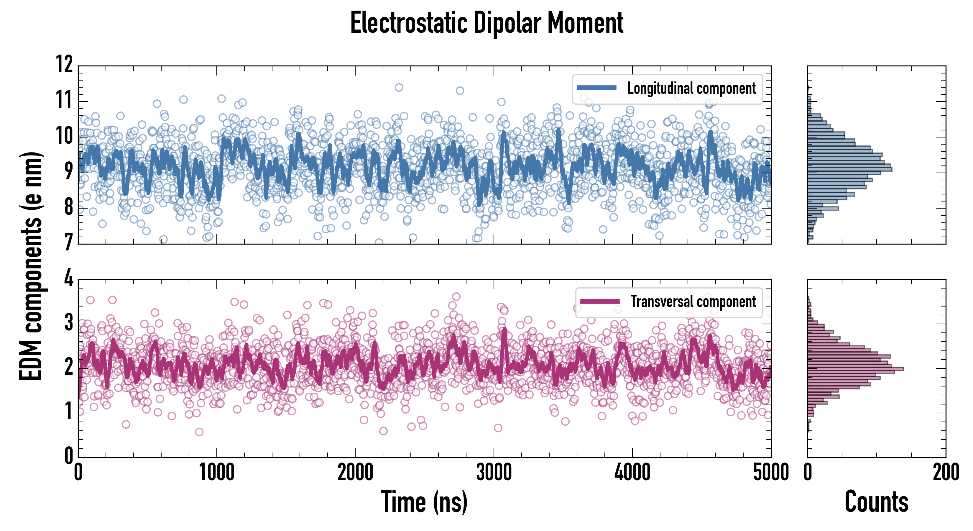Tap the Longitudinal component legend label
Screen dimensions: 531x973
(691, 88)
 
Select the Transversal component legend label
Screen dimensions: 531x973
(693, 301)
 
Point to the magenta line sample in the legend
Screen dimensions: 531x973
(600, 301)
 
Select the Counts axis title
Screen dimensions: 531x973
(876, 502)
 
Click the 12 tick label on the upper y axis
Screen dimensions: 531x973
(64, 64)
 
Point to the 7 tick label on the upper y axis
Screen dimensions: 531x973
(68, 242)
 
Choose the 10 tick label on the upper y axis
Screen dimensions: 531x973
(64, 135)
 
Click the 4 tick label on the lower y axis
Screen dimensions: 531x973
(68, 278)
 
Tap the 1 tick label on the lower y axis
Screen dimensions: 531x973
(68, 412)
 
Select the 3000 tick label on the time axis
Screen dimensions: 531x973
(494, 472)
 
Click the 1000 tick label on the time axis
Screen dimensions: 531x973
(217, 472)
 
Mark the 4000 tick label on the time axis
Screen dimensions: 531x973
(632, 472)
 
